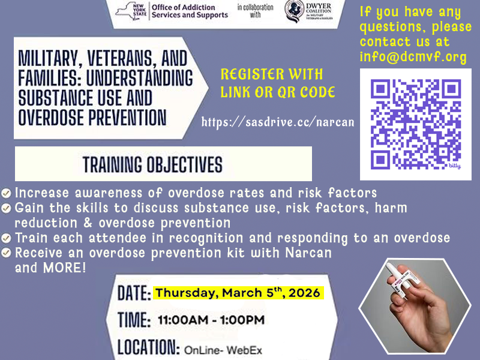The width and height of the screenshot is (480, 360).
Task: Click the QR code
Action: [416, 124]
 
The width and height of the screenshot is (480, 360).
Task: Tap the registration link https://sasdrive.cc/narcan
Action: [278, 122]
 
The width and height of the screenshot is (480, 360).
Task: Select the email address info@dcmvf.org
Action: [413, 58]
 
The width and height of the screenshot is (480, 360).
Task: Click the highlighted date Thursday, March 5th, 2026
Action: [238, 293]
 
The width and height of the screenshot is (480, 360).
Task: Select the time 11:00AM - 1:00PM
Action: [211, 320]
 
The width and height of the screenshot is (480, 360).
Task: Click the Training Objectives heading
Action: [152, 164]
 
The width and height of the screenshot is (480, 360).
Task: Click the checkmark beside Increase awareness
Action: [6, 193]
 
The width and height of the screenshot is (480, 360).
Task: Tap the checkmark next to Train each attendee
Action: [6, 238]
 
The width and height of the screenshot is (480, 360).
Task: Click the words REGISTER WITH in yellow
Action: [272, 75]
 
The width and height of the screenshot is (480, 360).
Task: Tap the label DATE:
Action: [134, 293]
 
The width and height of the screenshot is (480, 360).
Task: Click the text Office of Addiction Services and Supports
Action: [189, 11]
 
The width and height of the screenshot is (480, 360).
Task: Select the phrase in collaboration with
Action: [255, 11]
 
